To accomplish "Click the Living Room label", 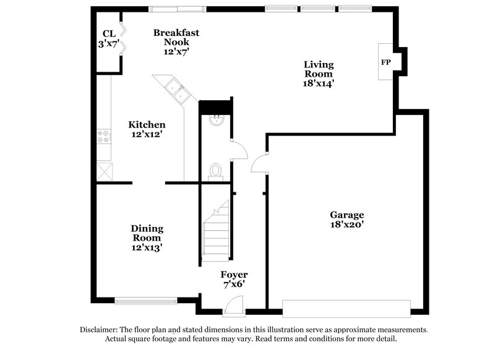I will [319, 73].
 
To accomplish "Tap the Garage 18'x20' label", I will [346, 220].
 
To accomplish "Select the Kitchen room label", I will [147, 129].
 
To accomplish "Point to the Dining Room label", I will [147, 238].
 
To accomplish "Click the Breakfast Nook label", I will [176, 42].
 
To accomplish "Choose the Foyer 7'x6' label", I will [234, 280].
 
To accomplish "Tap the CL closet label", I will [108, 39].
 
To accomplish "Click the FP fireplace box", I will [385, 62].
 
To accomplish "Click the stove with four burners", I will [103, 137].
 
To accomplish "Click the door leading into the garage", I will [259, 164].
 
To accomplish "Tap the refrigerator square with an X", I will [103, 169].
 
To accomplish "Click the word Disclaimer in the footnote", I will [100, 329].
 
